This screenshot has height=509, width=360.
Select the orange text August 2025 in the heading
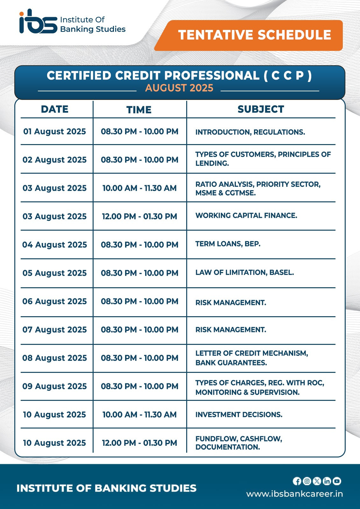179,88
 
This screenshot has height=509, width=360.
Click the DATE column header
55,109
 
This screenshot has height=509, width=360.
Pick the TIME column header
139,110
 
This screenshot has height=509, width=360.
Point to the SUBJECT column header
261,109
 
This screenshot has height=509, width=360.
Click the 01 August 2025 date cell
55,131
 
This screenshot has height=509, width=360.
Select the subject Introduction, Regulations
250,132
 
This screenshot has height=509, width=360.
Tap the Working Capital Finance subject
246,216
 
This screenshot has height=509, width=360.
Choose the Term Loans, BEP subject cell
228,244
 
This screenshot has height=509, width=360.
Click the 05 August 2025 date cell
55,273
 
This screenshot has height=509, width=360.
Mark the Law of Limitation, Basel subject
244,273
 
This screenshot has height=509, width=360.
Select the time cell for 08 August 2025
139,358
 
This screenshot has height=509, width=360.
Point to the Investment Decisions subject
239,415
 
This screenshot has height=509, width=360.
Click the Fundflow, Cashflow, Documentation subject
239,443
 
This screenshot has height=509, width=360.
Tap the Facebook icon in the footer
297,481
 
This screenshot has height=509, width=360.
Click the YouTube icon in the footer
337,481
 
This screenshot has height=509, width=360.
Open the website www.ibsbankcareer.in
294,494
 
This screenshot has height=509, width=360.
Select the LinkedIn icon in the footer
327,481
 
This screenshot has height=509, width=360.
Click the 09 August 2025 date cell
55,386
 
